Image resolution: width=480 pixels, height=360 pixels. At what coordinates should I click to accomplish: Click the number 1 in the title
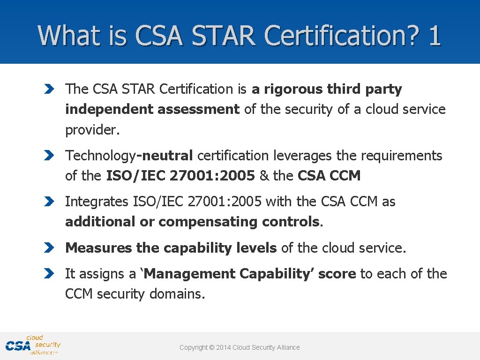[434, 35]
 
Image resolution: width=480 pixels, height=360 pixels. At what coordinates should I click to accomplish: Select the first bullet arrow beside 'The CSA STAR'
[49, 89]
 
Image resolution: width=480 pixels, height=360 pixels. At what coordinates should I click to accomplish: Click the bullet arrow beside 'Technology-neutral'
[49, 156]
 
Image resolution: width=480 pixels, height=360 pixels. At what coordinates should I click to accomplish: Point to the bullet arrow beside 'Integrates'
[49, 202]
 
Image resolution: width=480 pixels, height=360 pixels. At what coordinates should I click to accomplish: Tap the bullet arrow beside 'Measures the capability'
[49, 248]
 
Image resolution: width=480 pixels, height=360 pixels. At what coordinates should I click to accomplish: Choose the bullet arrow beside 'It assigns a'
[49, 274]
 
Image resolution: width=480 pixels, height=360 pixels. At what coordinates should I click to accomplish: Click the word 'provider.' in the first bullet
[92, 130]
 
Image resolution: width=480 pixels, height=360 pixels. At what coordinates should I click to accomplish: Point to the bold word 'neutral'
[167, 156]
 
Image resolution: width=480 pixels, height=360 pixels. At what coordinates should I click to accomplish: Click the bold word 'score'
[337, 274]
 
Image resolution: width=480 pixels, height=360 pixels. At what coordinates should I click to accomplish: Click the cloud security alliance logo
[33, 345]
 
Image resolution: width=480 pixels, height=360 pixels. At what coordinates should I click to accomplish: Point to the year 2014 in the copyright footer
[223, 347]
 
